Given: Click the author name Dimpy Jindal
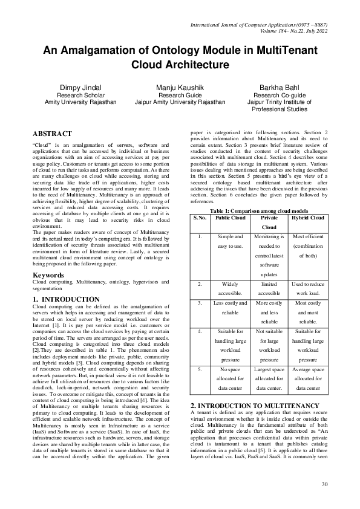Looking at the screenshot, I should point(80,88).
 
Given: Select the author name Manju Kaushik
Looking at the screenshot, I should point(180,88).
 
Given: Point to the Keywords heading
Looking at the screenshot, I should point(48,276).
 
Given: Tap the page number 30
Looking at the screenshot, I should point(324,483).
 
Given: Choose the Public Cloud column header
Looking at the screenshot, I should point(231,218).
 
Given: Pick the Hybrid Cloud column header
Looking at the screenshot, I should point(308,218).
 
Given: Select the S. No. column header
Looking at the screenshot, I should point(200,218).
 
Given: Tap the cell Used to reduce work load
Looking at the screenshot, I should point(308,288).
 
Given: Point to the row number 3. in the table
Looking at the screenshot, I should point(200,302).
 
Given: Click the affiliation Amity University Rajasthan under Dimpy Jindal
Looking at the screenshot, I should point(80,102).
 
